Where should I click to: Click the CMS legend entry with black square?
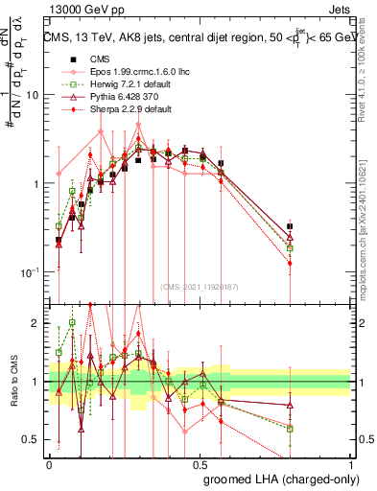pyautogui.click(x=95, y=57)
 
